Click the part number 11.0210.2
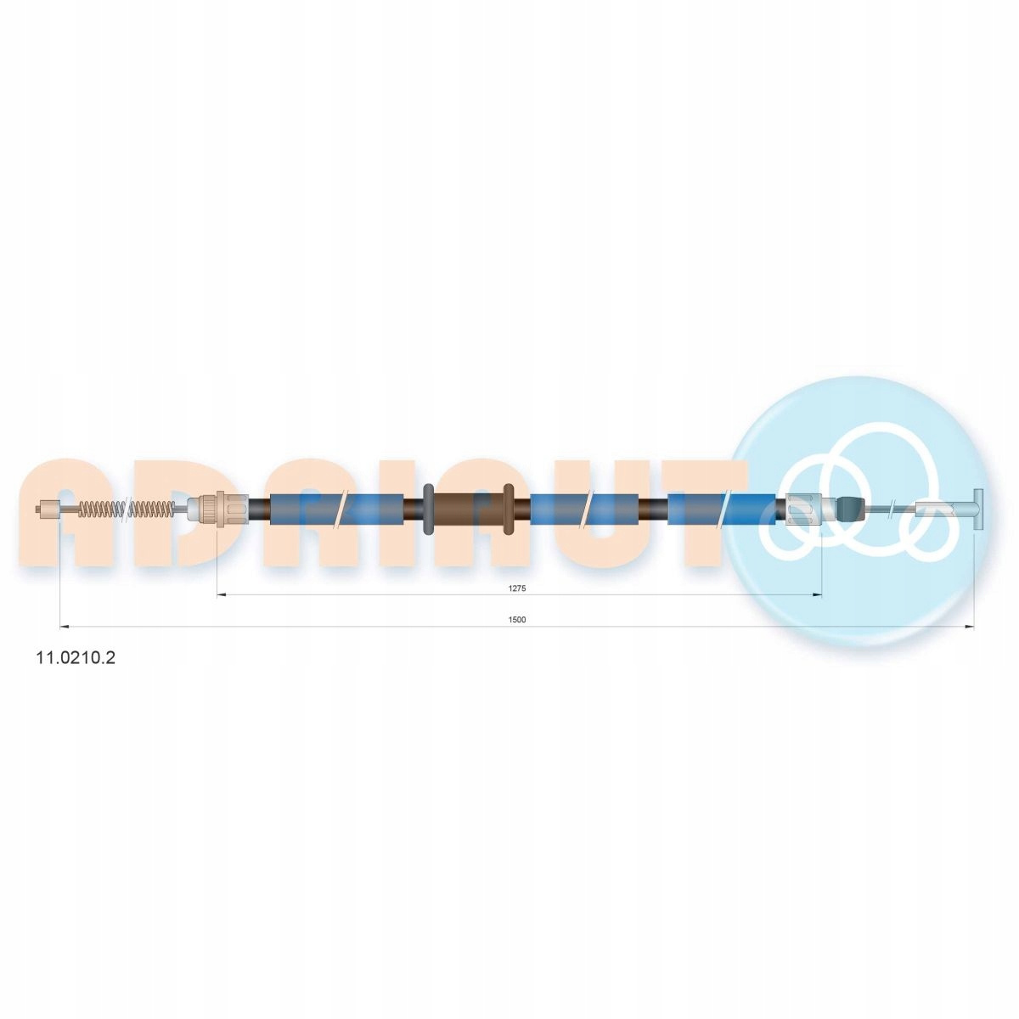point(75,658)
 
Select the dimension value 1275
point(518,588)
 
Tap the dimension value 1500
point(517,620)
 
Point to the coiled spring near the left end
point(126,509)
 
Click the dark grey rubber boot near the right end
point(853,509)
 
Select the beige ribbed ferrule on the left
point(218,509)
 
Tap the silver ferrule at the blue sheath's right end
point(804,509)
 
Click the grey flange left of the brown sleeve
point(429,509)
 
